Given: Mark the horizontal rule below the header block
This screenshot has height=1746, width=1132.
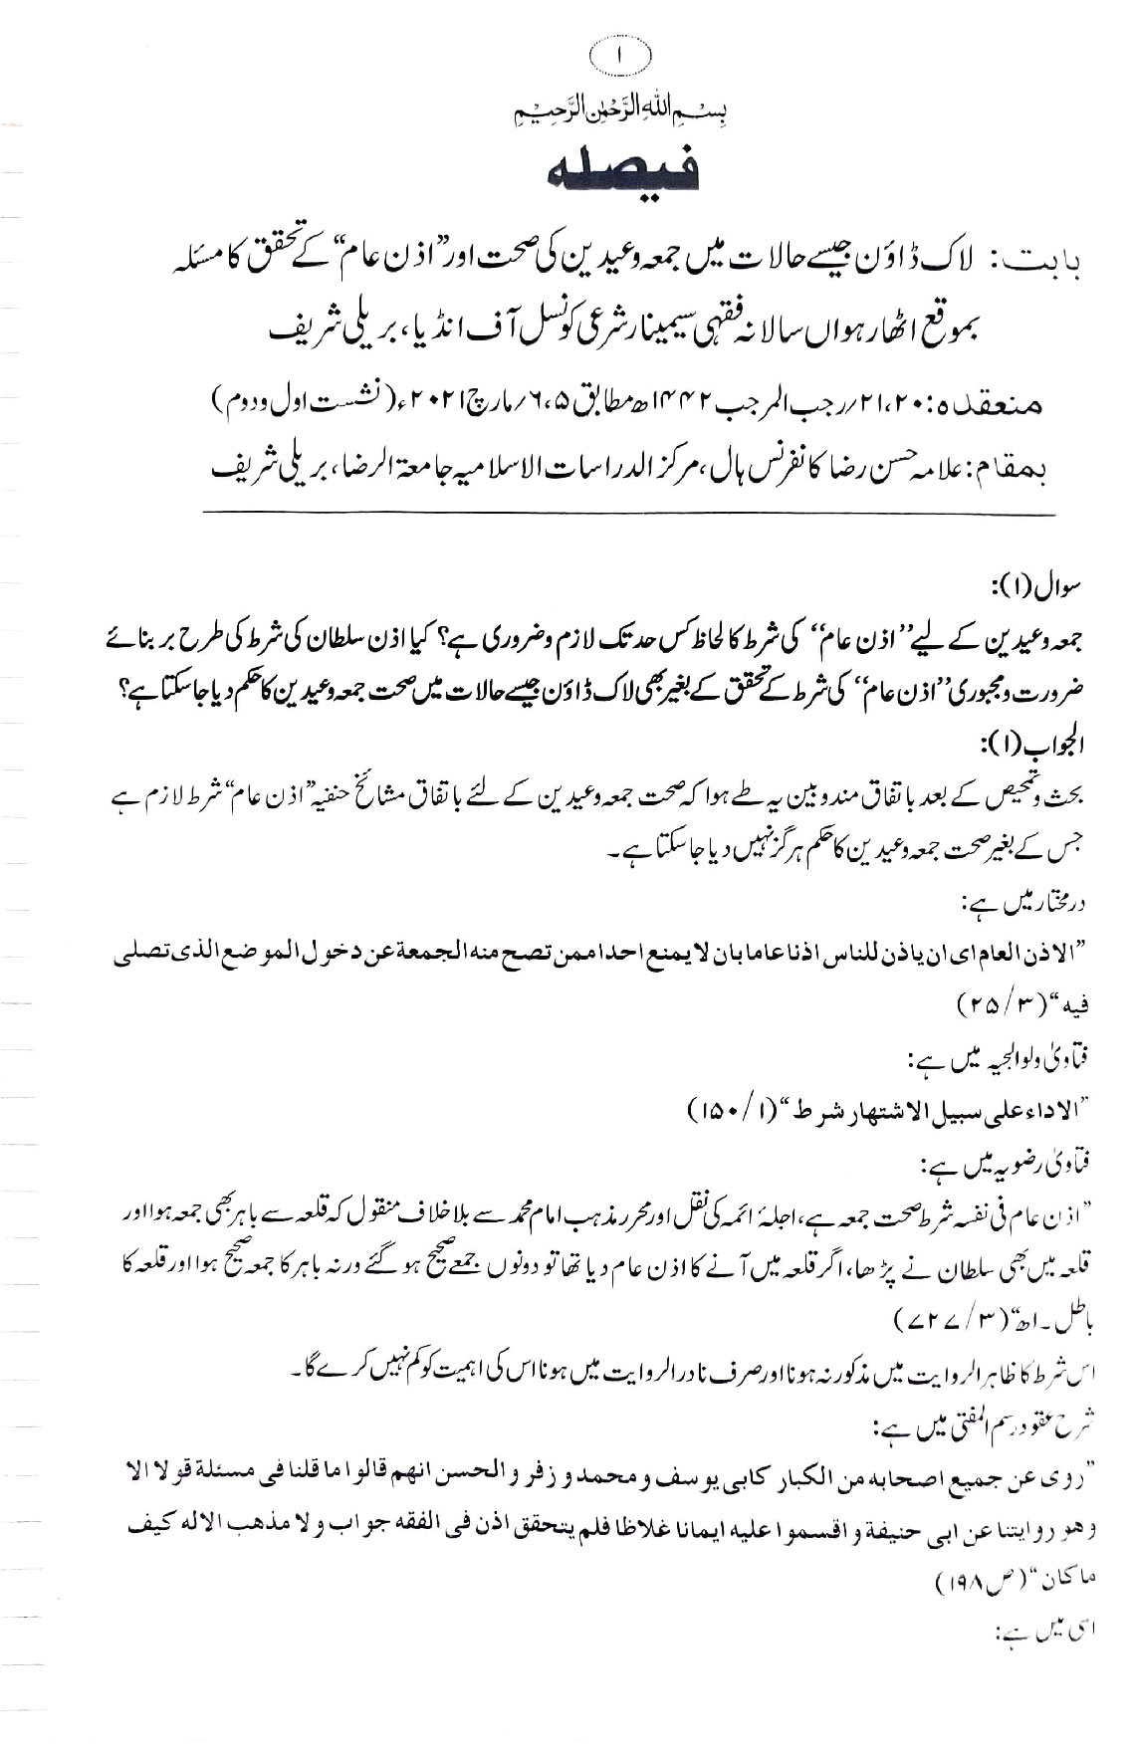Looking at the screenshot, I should click(x=628, y=514).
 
